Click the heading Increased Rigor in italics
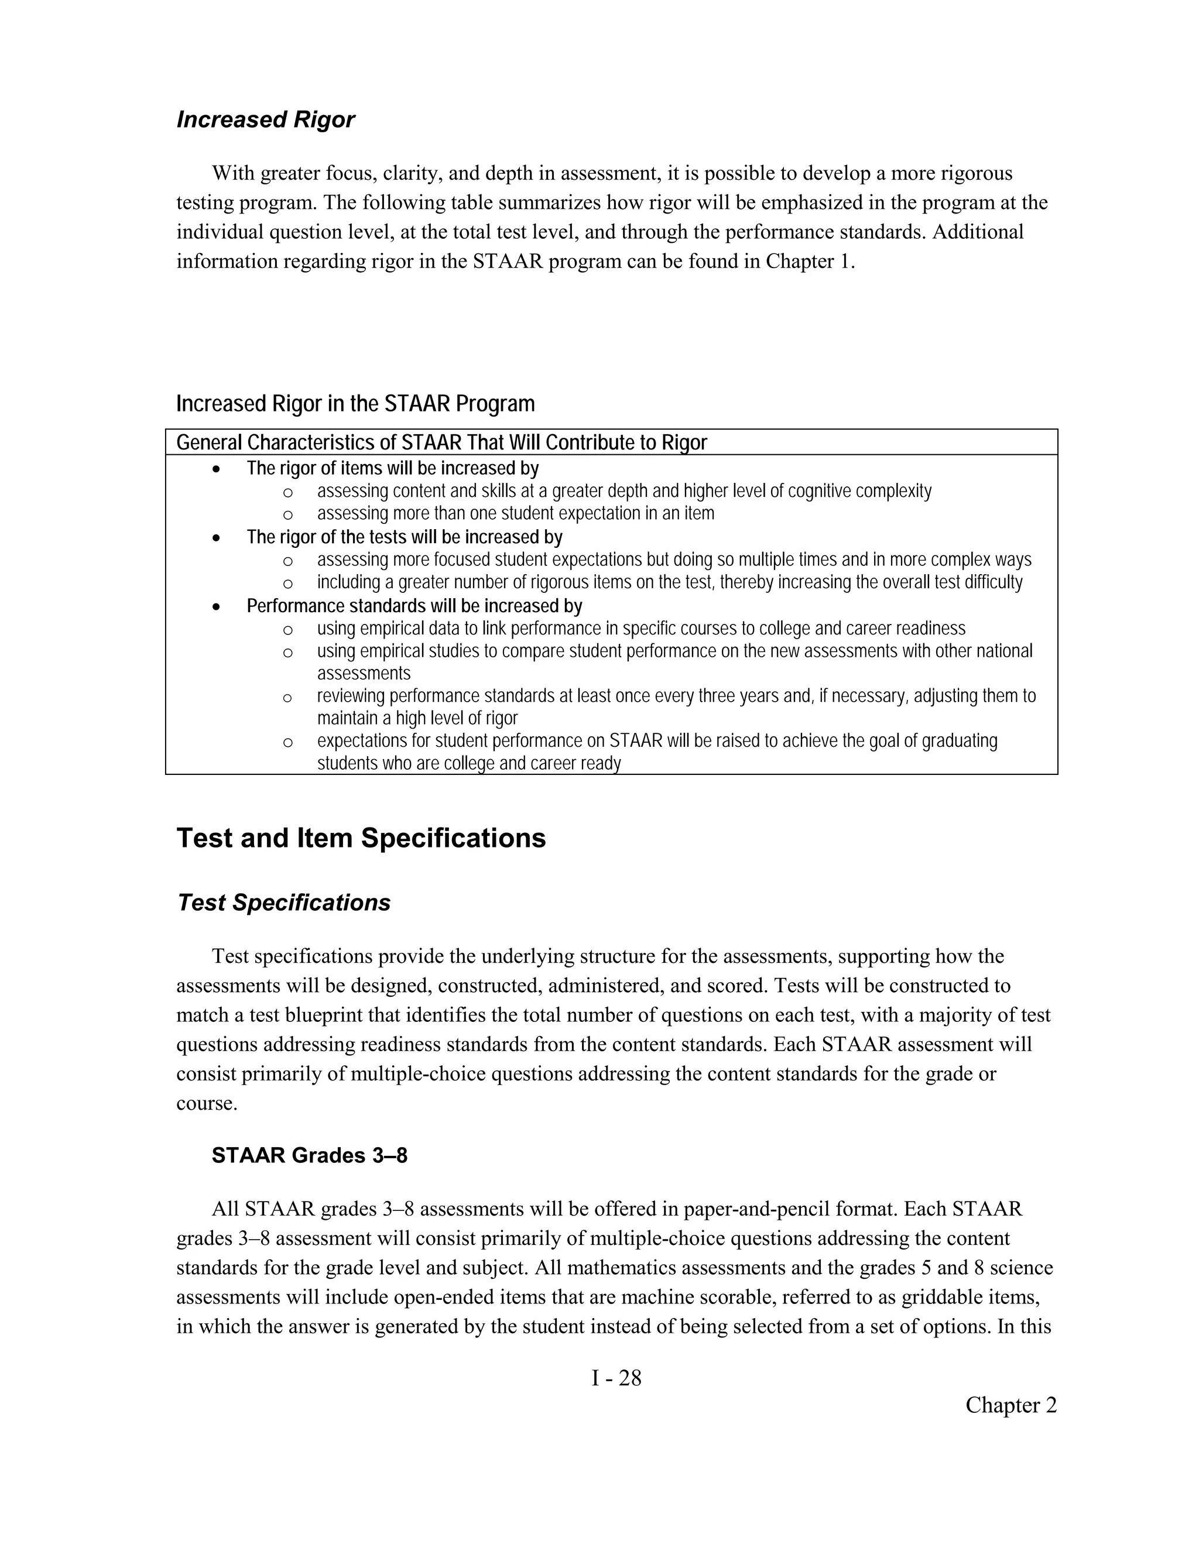pos(265,119)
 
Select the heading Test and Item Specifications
pos(361,838)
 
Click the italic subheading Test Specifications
pos(283,903)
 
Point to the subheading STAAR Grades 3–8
pos(309,1155)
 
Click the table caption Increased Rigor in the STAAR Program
pos(355,404)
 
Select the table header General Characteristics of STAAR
pos(441,442)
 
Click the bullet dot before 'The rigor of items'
pos(217,469)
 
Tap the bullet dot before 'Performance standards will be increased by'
pos(217,607)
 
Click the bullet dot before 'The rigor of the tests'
pos(217,538)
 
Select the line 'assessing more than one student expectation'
pos(515,513)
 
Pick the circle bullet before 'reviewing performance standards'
pos(287,698)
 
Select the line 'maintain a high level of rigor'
pos(417,718)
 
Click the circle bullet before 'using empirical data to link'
pos(287,630)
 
